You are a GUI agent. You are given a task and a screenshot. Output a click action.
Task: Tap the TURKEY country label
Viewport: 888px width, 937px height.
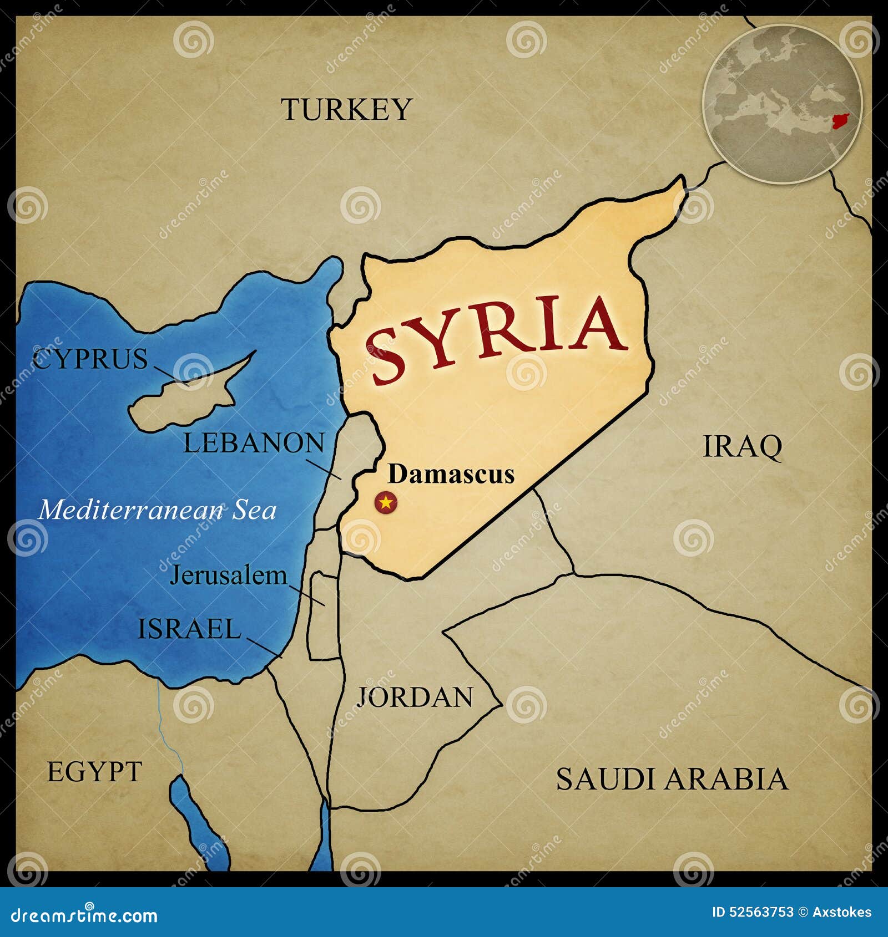346,109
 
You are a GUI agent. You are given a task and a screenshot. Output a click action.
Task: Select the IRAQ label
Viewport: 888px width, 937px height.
743,446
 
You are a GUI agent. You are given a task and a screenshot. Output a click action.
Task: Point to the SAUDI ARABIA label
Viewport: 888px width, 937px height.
672,779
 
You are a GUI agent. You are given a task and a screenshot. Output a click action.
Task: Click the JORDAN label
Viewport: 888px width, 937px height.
415,697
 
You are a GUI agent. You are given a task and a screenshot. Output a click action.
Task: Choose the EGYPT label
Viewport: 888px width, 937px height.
94,772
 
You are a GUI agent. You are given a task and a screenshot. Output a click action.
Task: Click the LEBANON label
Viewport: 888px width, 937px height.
254,443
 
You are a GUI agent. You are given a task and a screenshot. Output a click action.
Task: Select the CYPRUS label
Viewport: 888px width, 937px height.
90,359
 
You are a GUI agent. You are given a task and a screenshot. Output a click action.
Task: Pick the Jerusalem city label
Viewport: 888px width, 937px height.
228,576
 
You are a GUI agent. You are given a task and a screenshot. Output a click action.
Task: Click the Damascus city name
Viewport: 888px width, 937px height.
451,474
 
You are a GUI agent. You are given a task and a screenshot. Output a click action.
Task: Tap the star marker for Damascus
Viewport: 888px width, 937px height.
386,503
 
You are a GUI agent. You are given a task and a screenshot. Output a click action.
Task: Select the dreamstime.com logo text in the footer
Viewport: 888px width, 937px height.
84,915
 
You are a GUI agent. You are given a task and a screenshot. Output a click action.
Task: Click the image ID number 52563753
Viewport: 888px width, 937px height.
753,912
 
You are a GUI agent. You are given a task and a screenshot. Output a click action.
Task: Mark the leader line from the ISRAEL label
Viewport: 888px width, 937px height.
265,647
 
